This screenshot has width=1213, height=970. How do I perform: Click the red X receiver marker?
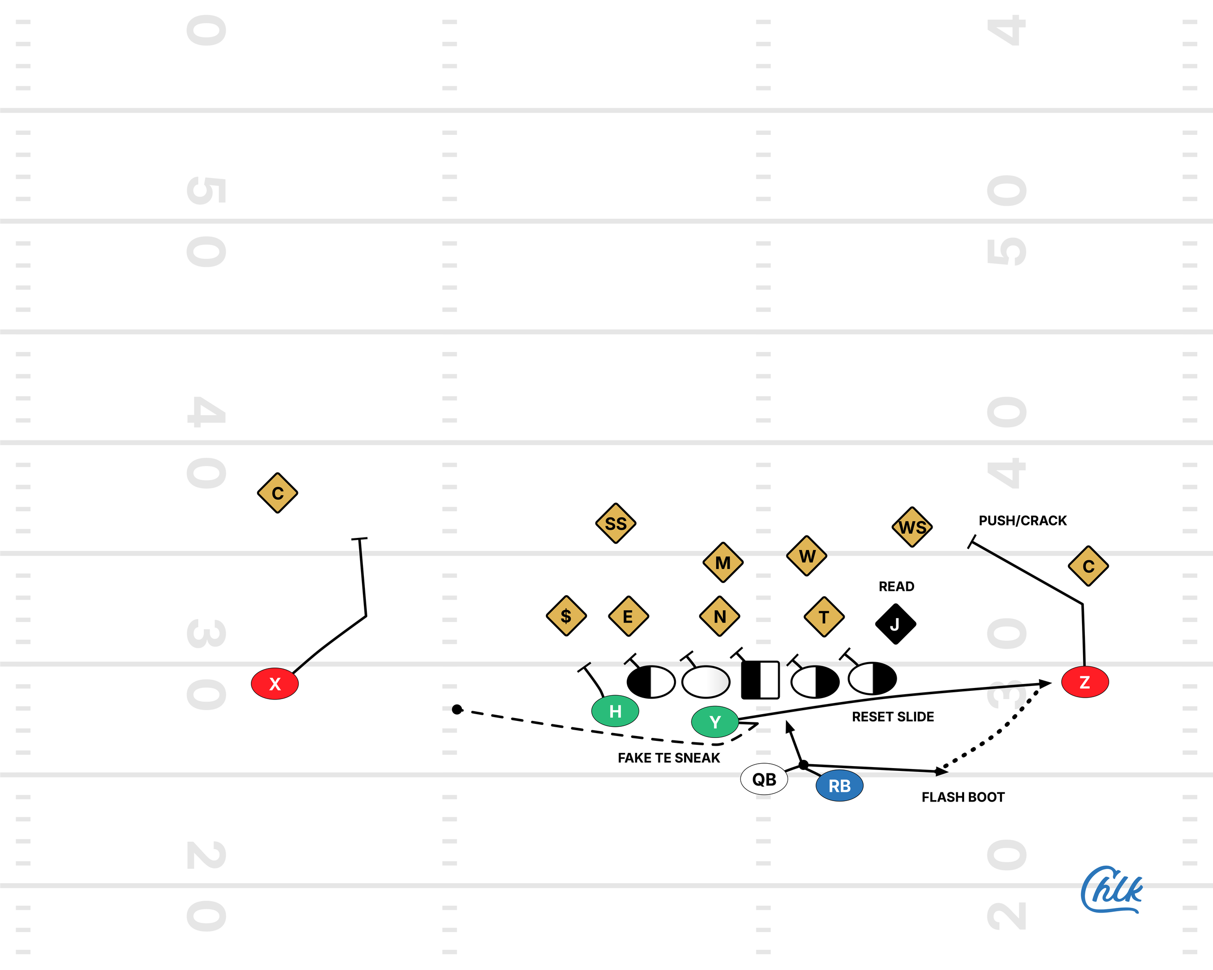[x=275, y=684]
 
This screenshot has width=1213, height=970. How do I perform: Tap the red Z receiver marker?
[x=1085, y=682]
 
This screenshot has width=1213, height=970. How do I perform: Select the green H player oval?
[x=615, y=711]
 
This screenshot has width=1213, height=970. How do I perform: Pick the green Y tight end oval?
[x=715, y=722]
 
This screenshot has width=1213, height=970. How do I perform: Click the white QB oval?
[x=764, y=779]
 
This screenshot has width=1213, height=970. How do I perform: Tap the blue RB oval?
[x=839, y=786]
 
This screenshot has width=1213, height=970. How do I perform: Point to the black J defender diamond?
[x=895, y=624]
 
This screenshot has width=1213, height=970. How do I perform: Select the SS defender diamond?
[x=616, y=523]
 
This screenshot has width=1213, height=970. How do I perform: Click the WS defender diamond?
[x=912, y=527]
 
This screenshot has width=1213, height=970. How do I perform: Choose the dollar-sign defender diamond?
[x=566, y=616]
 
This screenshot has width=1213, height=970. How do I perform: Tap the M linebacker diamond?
[x=723, y=562]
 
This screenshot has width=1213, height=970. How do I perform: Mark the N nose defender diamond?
[x=720, y=617]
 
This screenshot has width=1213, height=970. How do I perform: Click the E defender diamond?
[x=628, y=617]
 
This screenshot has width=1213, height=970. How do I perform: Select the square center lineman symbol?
[x=760, y=680]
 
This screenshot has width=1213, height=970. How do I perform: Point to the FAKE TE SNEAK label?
[x=669, y=758]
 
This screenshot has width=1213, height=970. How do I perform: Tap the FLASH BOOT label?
[x=963, y=797]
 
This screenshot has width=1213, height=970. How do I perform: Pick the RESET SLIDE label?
[x=892, y=717]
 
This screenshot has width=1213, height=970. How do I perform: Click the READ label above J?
[x=896, y=586]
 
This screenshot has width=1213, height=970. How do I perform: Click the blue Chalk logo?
[x=1111, y=890]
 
